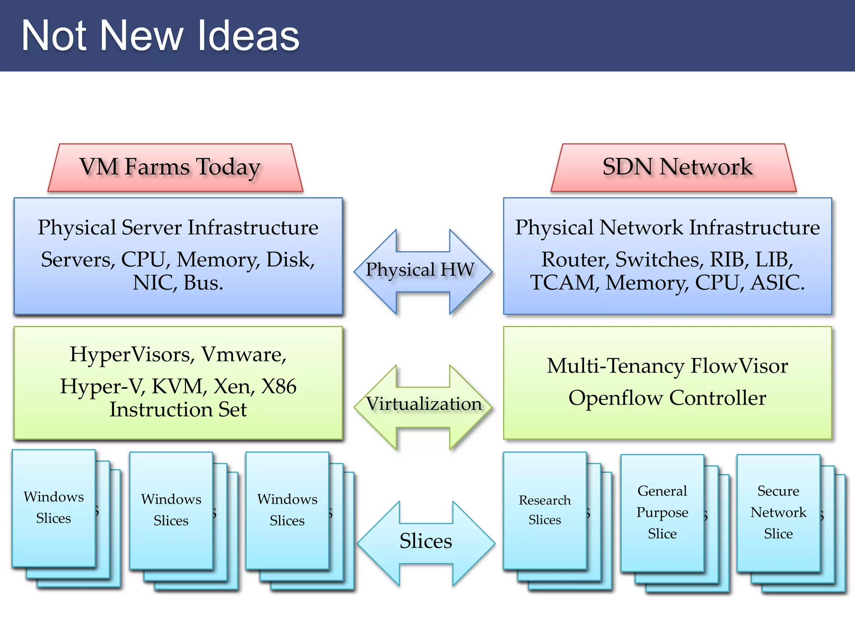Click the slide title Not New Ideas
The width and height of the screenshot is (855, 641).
tap(160, 36)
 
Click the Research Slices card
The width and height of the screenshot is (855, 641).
tap(544, 510)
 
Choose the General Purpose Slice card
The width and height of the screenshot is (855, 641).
tap(662, 512)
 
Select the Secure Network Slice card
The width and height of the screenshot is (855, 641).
tap(778, 512)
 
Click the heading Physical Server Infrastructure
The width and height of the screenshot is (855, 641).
tap(178, 228)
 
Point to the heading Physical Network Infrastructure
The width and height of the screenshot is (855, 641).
tap(667, 228)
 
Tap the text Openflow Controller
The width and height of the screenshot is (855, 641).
tap(667, 398)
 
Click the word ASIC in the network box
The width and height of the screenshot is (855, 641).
tap(777, 283)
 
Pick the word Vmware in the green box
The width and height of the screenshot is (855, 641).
tap(244, 355)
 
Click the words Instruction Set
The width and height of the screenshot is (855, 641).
tap(178, 410)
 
